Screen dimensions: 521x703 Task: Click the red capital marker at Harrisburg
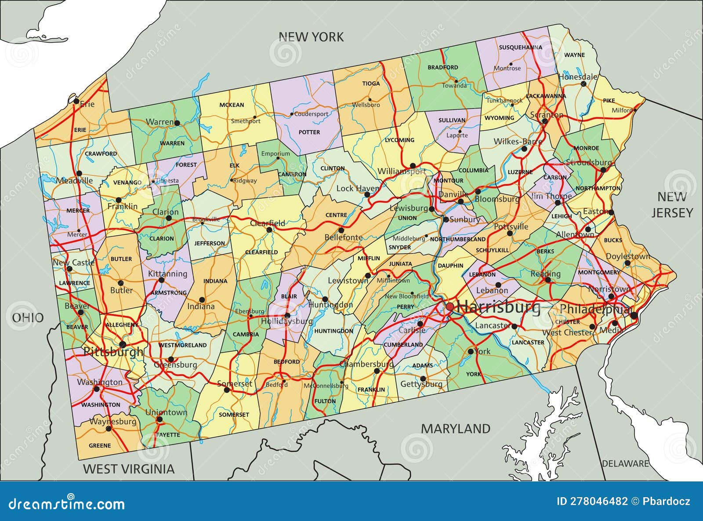450,306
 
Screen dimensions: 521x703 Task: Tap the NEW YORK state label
311,37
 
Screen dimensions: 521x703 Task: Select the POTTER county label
309,132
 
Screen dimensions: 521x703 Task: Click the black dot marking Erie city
76,102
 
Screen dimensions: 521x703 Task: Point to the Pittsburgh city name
113,352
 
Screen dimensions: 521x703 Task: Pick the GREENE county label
100,445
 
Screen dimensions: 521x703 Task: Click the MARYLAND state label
456,428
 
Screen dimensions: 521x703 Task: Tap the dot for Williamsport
413,166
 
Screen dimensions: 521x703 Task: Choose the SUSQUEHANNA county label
520,47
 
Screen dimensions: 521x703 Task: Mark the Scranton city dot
544,121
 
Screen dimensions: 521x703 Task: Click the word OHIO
28,317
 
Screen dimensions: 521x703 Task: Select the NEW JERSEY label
672,205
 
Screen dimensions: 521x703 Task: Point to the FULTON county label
325,401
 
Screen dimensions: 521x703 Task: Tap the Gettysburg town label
421,384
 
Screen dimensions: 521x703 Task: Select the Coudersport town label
311,114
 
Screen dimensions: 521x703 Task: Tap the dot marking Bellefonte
341,230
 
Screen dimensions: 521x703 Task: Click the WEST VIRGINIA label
129,469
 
